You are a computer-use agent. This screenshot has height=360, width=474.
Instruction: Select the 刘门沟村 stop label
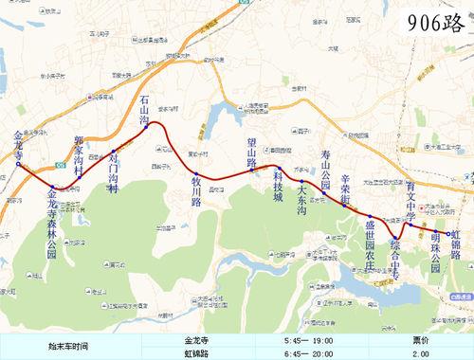click(113, 173)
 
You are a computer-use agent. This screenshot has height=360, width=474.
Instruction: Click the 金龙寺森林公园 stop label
click(52, 225)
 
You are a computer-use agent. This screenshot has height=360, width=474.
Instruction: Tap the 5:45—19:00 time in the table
click(308, 338)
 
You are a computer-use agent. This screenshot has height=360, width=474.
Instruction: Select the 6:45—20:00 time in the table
click(308, 351)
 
